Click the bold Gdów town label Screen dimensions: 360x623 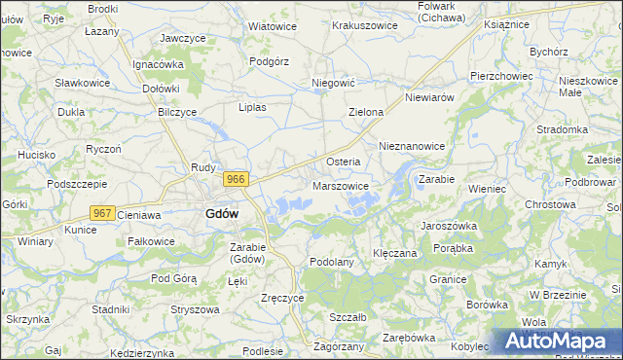[223, 215]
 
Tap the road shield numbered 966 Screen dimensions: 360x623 [236, 179]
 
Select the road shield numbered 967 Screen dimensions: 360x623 [102, 212]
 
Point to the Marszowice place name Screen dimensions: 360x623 [341, 186]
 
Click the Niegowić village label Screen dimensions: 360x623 [331, 84]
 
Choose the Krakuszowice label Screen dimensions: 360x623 [364, 25]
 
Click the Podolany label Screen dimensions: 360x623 [331, 262]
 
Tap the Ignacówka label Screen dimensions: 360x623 [159, 64]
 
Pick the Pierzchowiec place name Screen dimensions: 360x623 [500, 75]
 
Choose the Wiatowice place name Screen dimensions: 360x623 [273, 26]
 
